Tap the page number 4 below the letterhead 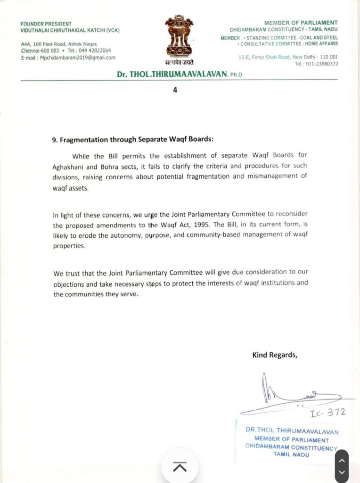pyautogui.click(x=175, y=90)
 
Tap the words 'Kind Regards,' pyautogui.click(x=275, y=355)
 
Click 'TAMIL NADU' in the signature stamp pyautogui.click(x=291, y=454)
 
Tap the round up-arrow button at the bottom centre pyautogui.click(x=180, y=466)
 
